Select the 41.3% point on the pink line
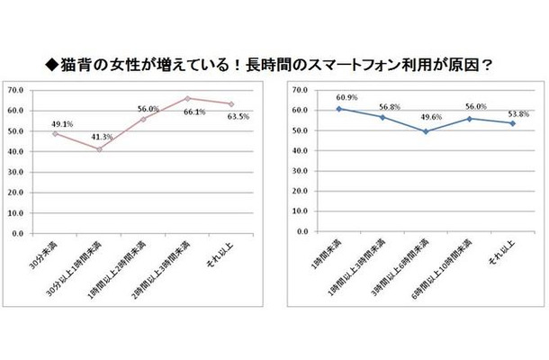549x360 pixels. tap(100, 148)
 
